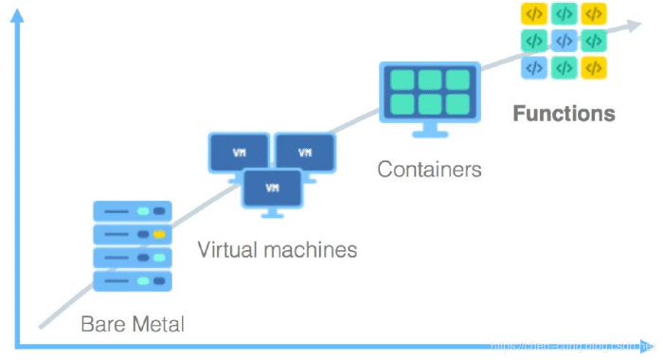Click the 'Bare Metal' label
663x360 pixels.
coord(132,325)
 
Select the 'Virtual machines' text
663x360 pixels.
coord(278,250)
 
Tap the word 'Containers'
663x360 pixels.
coord(429,170)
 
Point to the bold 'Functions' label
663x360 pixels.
coord(564,115)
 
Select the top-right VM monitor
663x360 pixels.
coord(305,152)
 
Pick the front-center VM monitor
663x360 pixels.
coord(272,188)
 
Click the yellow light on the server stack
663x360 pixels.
coord(159,233)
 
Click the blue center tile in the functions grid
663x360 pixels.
coord(564,41)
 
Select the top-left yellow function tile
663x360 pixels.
coord(534,14)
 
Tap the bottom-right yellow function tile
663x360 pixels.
coord(594,68)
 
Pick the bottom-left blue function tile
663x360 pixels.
coord(534,68)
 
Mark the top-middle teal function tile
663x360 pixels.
coord(564,14)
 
